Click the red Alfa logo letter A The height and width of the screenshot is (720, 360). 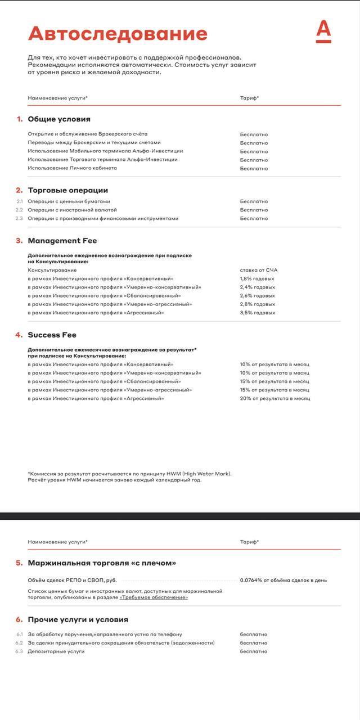tap(323, 32)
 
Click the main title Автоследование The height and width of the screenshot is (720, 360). tap(118, 34)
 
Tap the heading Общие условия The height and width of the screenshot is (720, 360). tap(59, 119)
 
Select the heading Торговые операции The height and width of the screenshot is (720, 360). tap(67, 190)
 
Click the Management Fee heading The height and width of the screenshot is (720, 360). tap(62, 241)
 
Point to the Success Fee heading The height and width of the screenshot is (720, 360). tap(52, 335)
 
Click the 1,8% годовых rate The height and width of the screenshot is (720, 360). tap(257, 279)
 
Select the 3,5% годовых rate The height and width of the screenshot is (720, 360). tap(257, 313)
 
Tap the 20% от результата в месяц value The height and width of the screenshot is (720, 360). tap(275, 398)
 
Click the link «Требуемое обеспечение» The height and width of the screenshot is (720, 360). tap(154, 597)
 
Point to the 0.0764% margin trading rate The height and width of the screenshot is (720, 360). tap(283, 580)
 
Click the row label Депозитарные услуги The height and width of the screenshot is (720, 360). tap(56, 651)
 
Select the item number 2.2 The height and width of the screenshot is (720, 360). tap(19, 210)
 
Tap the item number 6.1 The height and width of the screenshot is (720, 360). tap(19, 634)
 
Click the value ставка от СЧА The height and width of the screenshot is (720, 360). tap(259, 270)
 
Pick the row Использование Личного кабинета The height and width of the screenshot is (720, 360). tap(73, 168)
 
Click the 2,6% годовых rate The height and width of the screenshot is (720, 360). tap(257, 296)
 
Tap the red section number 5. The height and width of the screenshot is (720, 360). tap(19, 563)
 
